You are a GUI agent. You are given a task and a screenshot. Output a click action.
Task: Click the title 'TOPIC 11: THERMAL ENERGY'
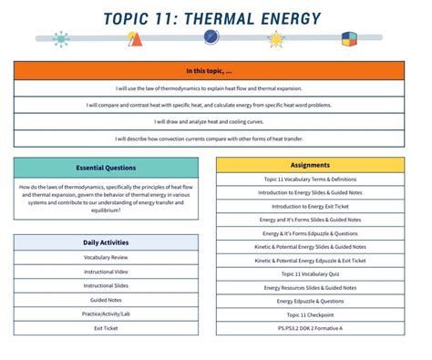[x=213, y=17]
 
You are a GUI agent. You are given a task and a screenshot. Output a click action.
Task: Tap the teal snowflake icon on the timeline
[x=62, y=39]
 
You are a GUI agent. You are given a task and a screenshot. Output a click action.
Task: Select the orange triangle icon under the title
[x=135, y=39]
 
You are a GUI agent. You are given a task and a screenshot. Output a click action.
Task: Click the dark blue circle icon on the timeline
[x=211, y=37]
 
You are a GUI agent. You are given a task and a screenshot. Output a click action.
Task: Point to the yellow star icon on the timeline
[x=275, y=39]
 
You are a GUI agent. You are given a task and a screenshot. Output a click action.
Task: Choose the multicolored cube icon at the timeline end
[x=347, y=39]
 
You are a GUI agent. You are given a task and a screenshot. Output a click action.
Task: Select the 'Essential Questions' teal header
[x=106, y=168]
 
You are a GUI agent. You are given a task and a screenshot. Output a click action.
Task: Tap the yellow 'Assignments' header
[x=310, y=166]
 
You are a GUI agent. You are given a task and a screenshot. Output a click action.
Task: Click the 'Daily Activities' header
[x=106, y=242]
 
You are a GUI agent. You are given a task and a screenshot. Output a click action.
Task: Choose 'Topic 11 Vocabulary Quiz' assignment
[x=310, y=273]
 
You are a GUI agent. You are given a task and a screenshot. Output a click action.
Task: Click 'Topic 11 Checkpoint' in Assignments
[x=310, y=314]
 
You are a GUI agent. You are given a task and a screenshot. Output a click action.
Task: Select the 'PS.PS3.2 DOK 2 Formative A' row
[x=310, y=327]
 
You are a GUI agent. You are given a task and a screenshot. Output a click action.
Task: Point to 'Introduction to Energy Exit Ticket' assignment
[x=310, y=206]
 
